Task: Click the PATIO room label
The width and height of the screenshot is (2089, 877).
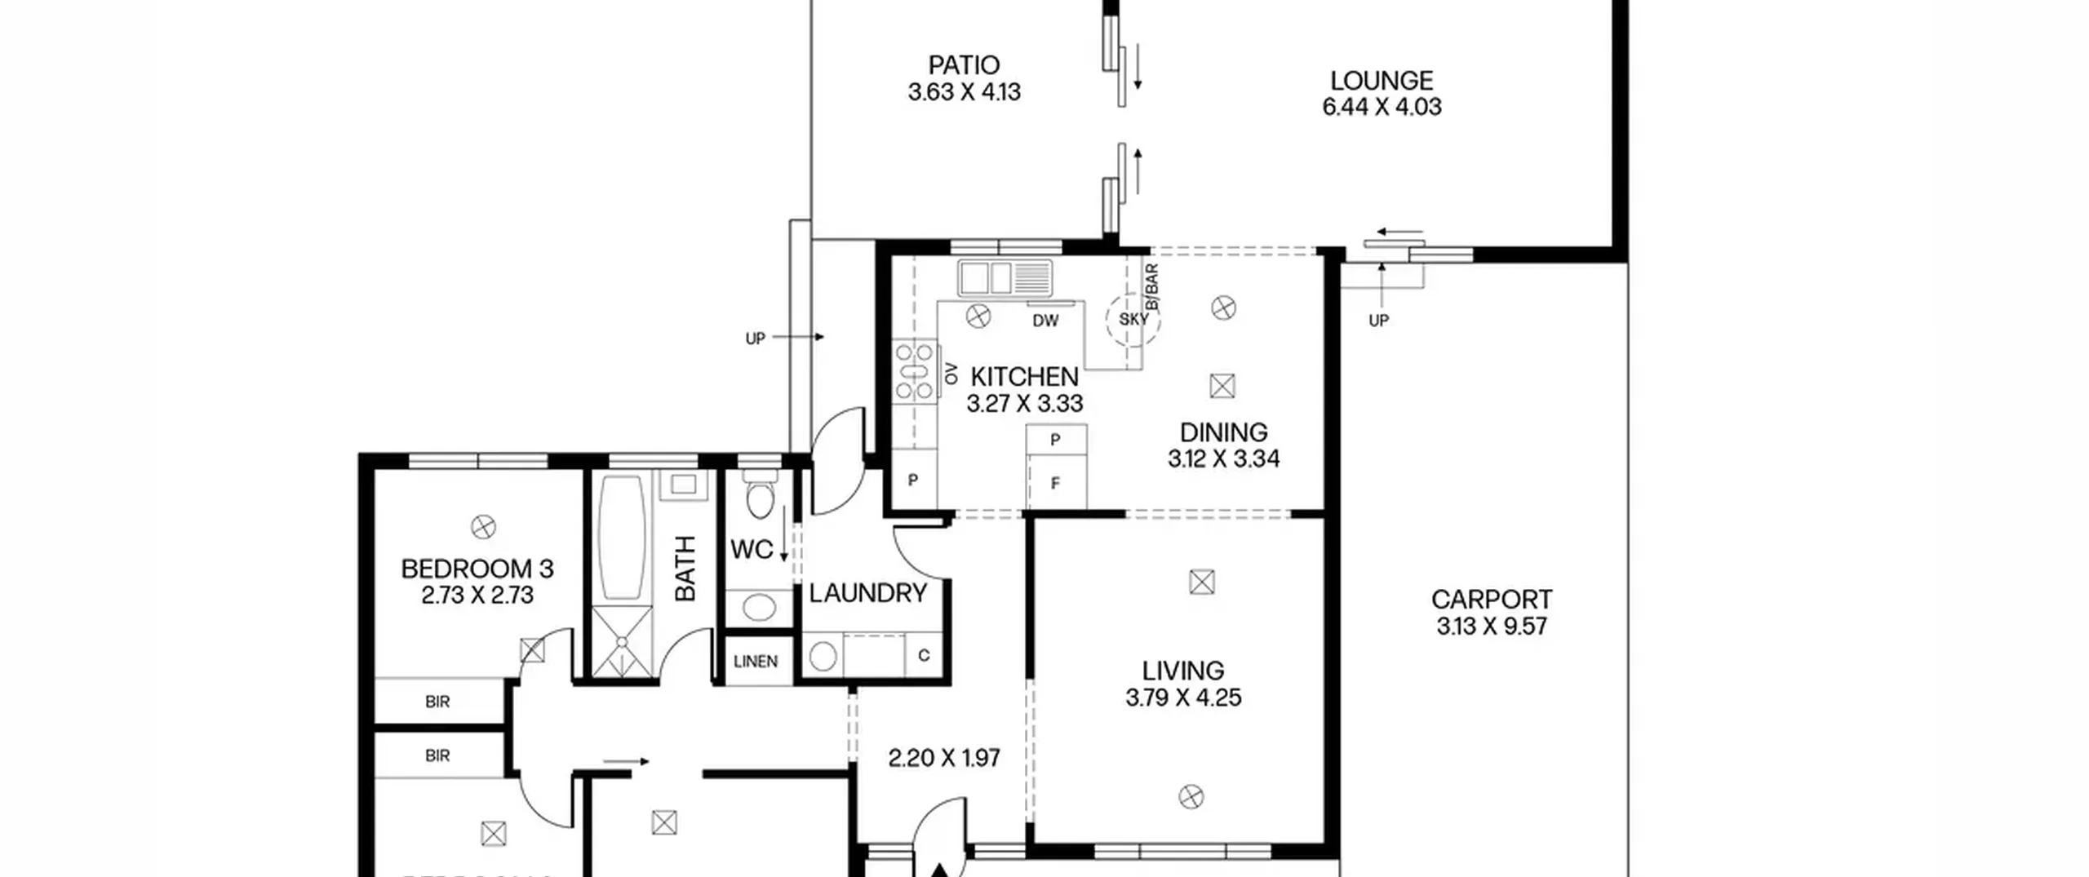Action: point(964,64)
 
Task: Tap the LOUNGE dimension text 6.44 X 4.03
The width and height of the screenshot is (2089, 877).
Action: point(1382,107)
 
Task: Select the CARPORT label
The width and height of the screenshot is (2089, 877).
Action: point(1491,600)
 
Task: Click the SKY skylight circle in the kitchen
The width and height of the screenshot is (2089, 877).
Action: point(1133,319)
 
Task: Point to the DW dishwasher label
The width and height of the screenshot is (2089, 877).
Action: point(1045,321)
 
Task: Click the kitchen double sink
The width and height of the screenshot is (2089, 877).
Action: point(1005,278)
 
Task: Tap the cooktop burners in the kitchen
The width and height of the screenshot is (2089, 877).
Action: point(913,372)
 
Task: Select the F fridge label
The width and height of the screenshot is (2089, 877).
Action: point(1055,484)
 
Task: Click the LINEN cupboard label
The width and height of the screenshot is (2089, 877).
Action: point(756,662)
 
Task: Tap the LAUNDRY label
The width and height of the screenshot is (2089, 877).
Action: point(867,593)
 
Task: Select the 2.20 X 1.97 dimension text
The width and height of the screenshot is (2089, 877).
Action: point(943,759)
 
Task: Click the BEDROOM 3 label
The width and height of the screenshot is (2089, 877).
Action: point(477,569)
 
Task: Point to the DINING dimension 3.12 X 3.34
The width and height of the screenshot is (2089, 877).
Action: point(1223,459)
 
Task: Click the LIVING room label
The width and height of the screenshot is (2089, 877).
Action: point(1182,671)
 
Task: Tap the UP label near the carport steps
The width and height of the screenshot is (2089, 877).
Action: point(1378,321)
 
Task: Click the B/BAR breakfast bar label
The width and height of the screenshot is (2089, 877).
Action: point(1151,286)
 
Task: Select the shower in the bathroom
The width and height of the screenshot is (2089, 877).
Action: point(622,642)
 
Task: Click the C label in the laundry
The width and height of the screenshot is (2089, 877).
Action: point(924,655)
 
